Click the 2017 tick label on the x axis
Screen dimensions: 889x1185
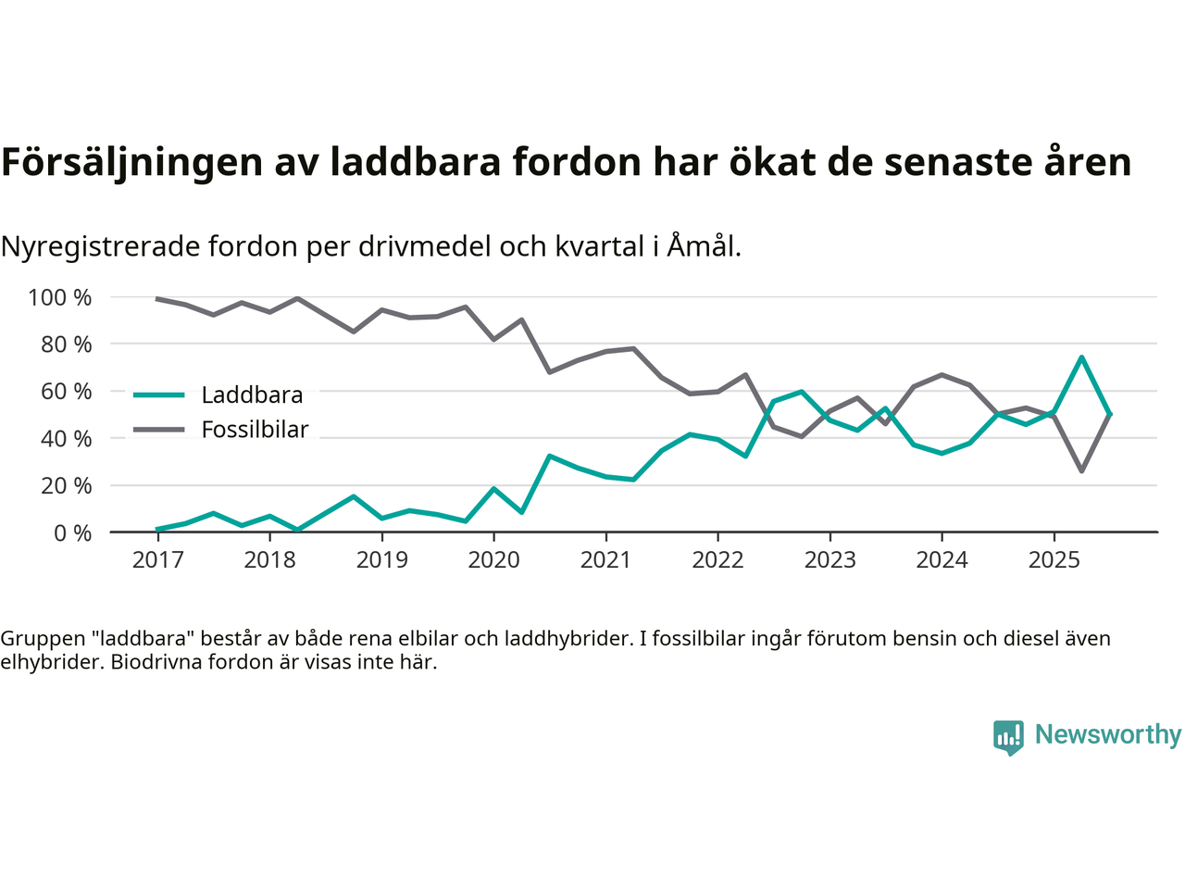pyautogui.click(x=157, y=560)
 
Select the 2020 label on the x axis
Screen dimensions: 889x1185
pyautogui.click(x=493, y=560)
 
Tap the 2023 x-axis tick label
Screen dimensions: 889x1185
pyautogui.click(x=829, y=560)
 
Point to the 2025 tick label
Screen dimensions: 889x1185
pyautogui.click(x=1054, y=560)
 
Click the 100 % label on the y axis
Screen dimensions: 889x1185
pyautogui.click(x=60, y=297)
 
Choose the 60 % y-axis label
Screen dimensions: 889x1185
pyautogui.click(x=66, y=392)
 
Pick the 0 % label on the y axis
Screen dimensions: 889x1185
pyautogui.click(x=71, y=532)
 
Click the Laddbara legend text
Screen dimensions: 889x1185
pyautogui.click(x=252, y=395)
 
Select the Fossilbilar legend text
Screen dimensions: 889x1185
pyautogui.click(x=255, y=430)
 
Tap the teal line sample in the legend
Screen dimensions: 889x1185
pyautogui.click(x=159, y=395)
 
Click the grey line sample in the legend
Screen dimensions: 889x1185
pyautogui.click(x=159, y=430)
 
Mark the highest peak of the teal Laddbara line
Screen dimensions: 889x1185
pyautogui.click(x=1081, y=357)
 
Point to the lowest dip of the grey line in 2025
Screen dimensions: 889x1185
pyautogui.click(x=1081, y=471)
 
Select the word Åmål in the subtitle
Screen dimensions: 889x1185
pyautogui.click(x=703, y=246)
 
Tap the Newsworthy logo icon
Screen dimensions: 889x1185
pyautogui.click(x=1008, y=737)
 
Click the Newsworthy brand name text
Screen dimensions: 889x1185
pyautogui.click(x=1108, y=734)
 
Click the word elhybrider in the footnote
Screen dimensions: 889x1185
pyautogui.click(x=52, y=662)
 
